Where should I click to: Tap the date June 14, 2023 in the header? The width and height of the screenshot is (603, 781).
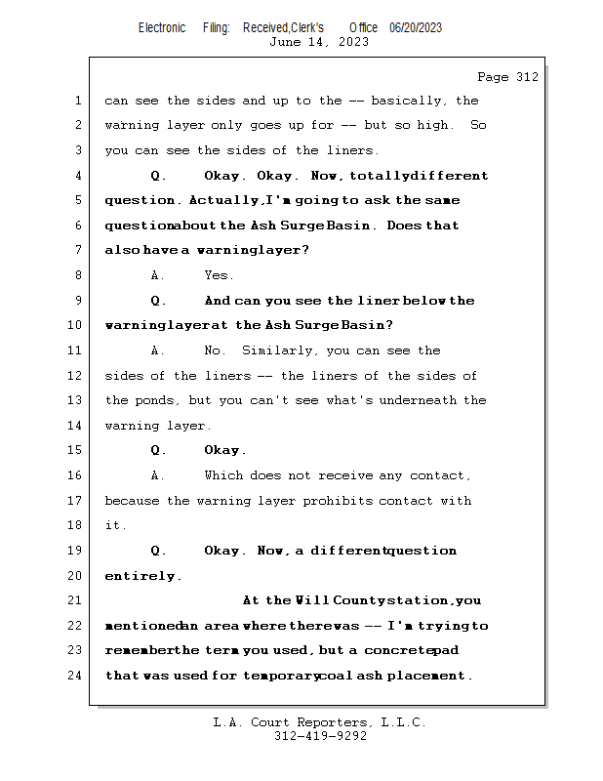(x=319, y=42)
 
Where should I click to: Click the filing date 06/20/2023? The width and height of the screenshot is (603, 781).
(x=416, y=27)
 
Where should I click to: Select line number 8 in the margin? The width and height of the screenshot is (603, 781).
(x=78, y=276)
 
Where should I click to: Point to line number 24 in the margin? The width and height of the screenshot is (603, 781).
(x=75, y=676)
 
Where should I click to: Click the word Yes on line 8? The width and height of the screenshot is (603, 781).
(x=219, y=276)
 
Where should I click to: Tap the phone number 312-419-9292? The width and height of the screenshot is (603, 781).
(x=320, y=737)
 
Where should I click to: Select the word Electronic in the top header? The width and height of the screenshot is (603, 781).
(x=162, y=27)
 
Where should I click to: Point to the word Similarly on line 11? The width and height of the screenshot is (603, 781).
(x=280, y=350)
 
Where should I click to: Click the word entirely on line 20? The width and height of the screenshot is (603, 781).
(x=142, y=576)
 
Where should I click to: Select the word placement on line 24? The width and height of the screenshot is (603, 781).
(x=429, y=676)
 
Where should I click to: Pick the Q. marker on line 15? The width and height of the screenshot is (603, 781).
(x=158, y=451)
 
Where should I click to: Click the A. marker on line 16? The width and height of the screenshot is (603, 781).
(x=158, y=475)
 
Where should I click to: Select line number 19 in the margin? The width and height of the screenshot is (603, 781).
(x=75, y=551)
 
